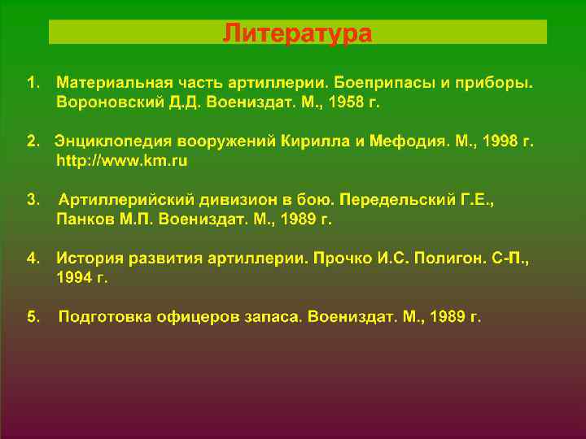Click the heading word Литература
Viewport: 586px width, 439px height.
(x=298, y=33)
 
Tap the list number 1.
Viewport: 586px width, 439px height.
(x=32, y=84)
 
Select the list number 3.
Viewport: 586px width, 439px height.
(x=32, y=200)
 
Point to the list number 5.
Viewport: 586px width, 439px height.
(x=32, y=316)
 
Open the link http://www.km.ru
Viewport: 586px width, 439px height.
(x=121, y=162)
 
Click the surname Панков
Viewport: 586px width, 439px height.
(x=81, y=219)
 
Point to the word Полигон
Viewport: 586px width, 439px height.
(x=438, y=259)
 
